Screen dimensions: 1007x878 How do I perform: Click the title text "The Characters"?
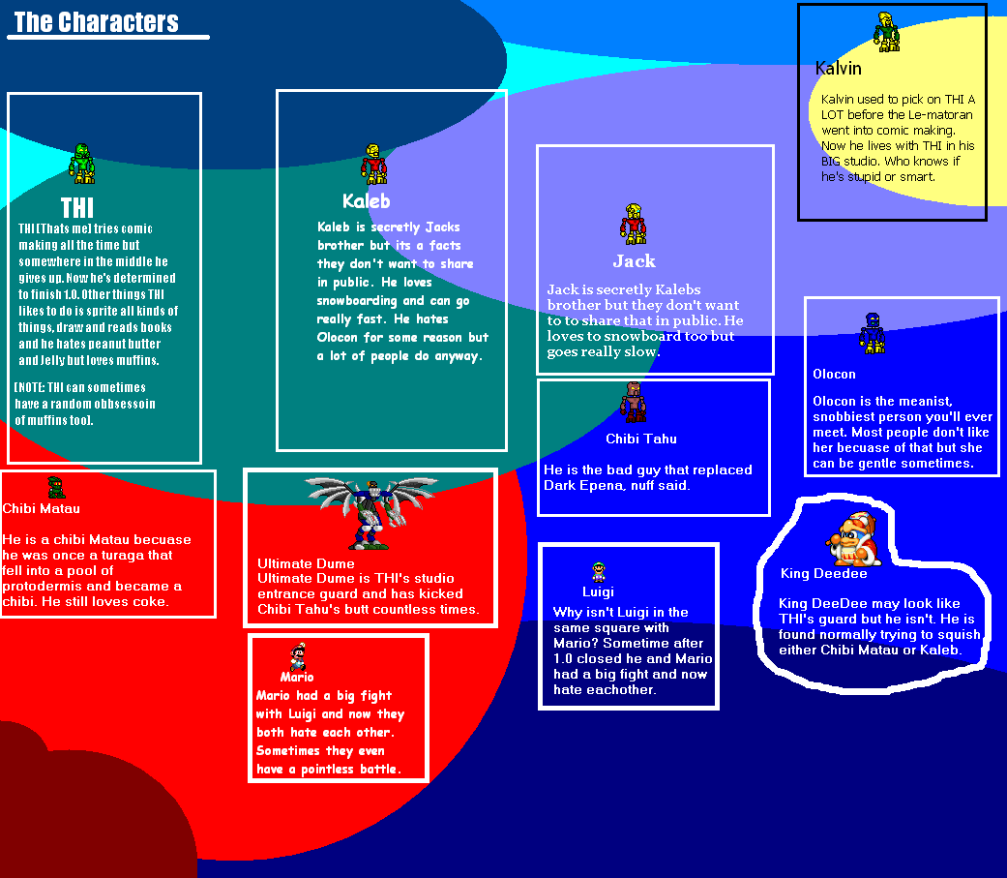coord(97,22)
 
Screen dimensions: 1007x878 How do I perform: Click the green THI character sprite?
coord(82,164)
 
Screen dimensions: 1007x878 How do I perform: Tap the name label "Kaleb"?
coord(367,201)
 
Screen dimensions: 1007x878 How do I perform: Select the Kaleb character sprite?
coord(373,165)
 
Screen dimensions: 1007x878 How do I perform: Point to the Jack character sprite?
coord(633,224)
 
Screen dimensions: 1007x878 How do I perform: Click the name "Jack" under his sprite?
coord(634,261)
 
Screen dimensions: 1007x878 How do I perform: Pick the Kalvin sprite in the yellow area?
coord(885,32)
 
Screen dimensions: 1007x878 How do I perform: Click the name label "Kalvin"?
coord(838,69)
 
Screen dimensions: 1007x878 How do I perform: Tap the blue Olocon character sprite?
coord(874,333)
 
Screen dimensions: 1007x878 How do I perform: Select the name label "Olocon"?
coord(834,374)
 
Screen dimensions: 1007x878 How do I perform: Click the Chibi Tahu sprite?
coord(633,403)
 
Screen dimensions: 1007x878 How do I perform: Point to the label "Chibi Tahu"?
coord(641,439)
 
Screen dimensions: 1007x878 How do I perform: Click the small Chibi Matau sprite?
coord(56,487)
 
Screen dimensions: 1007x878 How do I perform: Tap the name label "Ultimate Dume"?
coord(306,563)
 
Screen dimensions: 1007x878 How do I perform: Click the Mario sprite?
coord(298,655)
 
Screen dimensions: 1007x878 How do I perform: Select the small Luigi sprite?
coord(598,572)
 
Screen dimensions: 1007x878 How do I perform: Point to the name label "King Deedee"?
coord(823,574)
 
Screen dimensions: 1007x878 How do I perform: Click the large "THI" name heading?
coord(77,208)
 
